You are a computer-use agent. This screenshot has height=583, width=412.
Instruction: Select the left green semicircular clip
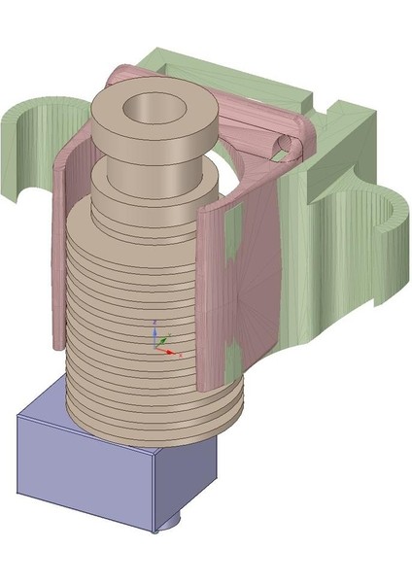[39, 146]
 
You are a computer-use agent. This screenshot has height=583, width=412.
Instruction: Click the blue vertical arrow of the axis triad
[154, 331]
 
